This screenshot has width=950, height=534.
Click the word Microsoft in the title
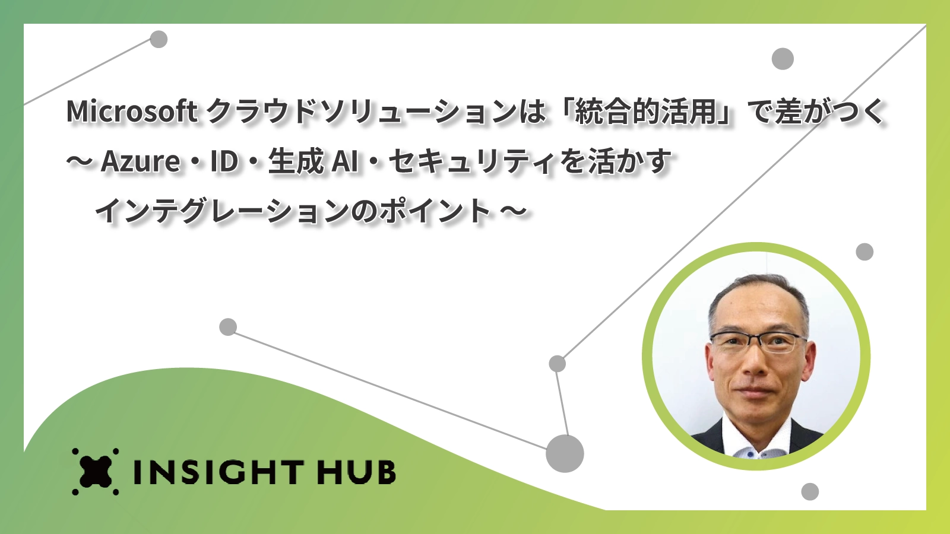[131, 112]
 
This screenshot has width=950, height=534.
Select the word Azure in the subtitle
[140, 162]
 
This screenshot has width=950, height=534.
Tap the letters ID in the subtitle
[224, 162]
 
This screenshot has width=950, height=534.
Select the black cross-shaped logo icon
[96, 472]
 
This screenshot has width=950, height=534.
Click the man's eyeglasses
[758, 342]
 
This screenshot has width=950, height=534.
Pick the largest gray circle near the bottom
[565, 453]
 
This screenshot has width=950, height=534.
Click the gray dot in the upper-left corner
[159, 39]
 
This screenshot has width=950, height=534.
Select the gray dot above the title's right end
[783, 59]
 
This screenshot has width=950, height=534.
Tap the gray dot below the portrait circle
[810, 492]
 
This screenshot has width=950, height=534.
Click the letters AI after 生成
[344, 162]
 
